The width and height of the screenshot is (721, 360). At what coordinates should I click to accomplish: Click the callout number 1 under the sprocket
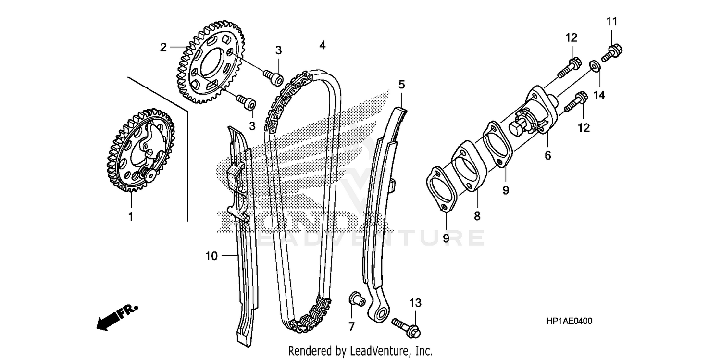[x=130, y=216]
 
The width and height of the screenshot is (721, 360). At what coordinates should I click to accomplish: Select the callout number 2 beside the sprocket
[x=163, y=47]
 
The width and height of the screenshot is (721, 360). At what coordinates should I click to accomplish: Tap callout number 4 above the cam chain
[x=322, y=45]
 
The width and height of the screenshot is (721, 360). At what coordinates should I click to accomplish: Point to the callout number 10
[x=211, y=256]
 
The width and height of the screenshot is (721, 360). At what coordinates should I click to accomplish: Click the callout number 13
[x=415, y=303]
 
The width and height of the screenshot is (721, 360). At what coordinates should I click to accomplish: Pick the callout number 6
[x=547, y=155]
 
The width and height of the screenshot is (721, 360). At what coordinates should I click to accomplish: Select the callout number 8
[x=477, y=216]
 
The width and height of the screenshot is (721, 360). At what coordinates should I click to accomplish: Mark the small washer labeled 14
[x=594, y=65]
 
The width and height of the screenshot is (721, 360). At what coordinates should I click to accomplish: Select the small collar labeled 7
[x=355, y=299]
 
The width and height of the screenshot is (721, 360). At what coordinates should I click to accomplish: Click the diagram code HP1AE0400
[x=569, y=321]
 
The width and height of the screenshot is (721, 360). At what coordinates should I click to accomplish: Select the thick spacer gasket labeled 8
[x=466, y=168]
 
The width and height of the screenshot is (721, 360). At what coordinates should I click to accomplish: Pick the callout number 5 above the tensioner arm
[x=401, y=85]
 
